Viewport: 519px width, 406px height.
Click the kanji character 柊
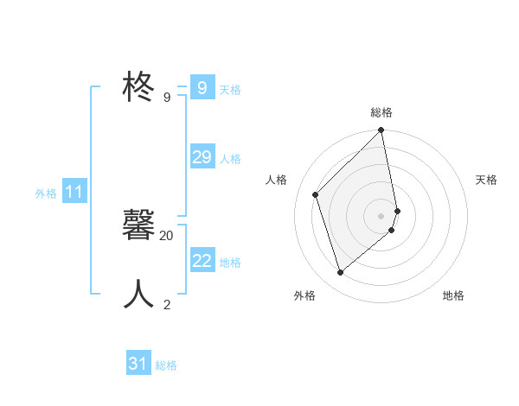139,87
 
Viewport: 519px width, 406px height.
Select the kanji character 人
139,295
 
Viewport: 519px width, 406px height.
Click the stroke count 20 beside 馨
167,235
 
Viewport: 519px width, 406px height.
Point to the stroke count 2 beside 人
167,304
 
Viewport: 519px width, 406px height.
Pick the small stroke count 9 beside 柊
167,97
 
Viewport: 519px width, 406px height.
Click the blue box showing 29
202,156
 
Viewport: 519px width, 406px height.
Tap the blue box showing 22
202,260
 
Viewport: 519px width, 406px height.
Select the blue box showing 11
74,192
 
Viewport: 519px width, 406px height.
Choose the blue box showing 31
138,364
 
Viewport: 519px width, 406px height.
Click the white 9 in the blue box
202,87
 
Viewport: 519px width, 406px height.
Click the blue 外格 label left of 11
46,193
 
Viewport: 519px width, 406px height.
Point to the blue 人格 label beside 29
230,159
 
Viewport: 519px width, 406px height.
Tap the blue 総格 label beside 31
166,365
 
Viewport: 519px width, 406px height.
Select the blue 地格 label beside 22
230,263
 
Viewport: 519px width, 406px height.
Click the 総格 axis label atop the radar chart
381,112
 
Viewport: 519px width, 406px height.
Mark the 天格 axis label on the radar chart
486,180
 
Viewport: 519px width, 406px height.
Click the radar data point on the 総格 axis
381,130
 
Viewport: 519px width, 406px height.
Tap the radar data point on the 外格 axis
341,273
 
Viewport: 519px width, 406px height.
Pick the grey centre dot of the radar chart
381,216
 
